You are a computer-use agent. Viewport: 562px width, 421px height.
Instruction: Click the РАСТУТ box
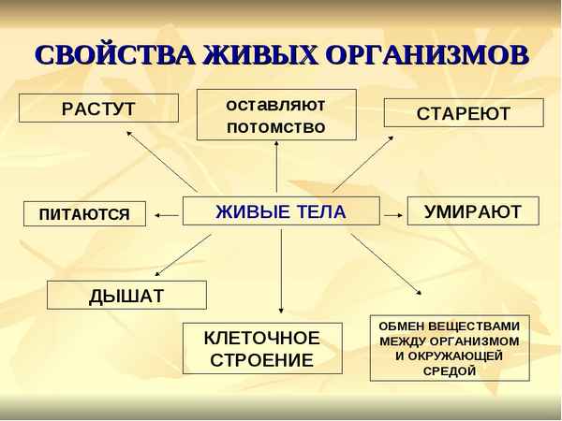[x=97, y=109]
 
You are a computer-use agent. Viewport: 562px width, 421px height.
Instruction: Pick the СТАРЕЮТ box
[x=463, y=113]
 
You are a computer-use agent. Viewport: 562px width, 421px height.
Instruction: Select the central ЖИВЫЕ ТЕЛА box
[x=280, y=211]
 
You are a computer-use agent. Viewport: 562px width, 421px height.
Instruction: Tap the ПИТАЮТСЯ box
[x=84, y=214]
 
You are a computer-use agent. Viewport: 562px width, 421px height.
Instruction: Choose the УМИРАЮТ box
[x=472, y=211]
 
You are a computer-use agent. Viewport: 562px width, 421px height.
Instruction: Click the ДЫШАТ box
[x=126, y=296]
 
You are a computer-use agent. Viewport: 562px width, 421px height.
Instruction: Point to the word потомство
[x=276, y=126]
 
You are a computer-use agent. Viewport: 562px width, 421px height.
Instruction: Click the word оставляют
[x=276, y=102]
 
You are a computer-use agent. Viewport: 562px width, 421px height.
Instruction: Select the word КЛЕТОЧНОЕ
[x=261, y=338]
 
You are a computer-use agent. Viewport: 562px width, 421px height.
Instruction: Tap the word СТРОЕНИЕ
[x=261, y=359]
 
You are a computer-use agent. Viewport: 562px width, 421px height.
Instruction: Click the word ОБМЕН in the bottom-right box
[x=404, y=327]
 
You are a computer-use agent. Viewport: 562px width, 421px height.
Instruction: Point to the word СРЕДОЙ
[x=449, y=370]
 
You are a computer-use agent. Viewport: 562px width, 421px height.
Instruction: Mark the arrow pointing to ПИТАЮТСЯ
[x=167, y=215]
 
